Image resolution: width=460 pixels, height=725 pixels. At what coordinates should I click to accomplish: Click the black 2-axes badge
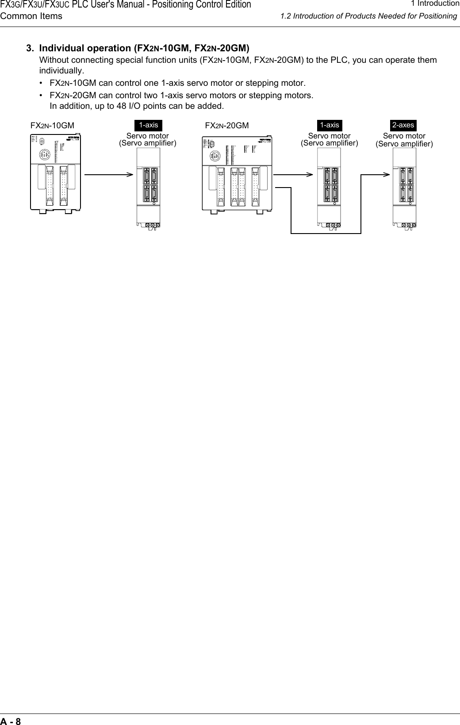pyautogui.click(x=403, y=125)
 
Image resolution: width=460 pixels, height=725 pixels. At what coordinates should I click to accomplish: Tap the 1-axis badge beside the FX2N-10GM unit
pyautogui.click(x=149, y=125)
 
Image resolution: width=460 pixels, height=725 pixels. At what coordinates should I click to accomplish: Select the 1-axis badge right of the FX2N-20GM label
pyautogui.click(x=330, y=125)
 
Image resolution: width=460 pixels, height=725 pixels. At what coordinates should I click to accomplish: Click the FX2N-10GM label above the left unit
pyautogui.click(x=52, y=126)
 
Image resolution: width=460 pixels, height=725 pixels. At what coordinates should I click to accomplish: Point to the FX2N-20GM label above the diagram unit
pyautogui.click(x=227, y=126)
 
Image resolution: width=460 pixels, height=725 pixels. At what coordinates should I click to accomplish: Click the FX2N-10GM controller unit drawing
pyautogui.click(x=56, y=173)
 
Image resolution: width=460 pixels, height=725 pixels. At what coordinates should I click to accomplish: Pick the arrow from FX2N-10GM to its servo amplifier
pyautogui.click(x=108, y=174)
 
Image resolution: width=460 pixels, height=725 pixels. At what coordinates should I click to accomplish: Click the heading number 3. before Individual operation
pyautogui.click(x=31, y=48)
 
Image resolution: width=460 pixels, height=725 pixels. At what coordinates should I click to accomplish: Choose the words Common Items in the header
pyautogui.click(x=31, y=16)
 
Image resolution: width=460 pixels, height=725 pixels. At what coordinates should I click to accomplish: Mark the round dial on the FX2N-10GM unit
pyautogui.click(x=42, y=142)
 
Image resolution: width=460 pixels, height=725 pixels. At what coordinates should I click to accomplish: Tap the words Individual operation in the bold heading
pyautogui.click(x=85, y=48)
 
